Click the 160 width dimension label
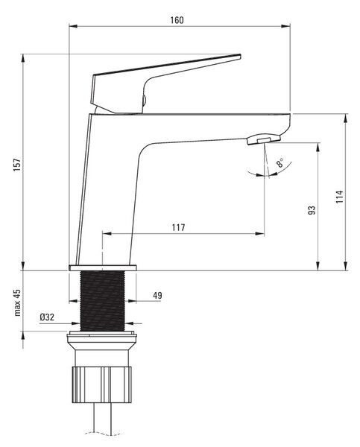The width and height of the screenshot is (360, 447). [177, 20]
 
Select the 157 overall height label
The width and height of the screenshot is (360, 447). [17, 165]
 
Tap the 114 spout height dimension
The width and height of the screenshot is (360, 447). [339, 197]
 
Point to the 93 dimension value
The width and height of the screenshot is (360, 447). [312, 210]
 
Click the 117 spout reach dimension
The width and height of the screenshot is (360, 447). [178, 227]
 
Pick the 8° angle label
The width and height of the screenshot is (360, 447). [280, 162]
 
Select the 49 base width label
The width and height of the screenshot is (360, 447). [157, 295]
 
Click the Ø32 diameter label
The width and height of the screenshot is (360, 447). [47, 317]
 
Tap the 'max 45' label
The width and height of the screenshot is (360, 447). [17, 302]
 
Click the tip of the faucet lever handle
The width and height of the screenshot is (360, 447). [240, 56]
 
